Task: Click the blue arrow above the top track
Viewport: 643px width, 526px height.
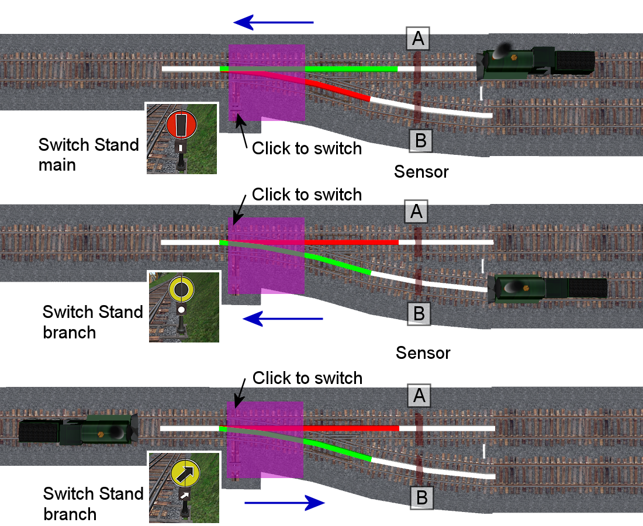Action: coord(273,23)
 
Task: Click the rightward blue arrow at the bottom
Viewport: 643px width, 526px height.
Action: coord(284,503)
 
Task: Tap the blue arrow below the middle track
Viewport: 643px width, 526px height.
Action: coord(283,319)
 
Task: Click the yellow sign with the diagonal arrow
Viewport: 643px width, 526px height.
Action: coord(185,472)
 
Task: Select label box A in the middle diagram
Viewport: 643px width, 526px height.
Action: coord(416,212)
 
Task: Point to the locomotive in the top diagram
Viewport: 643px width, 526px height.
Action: coord(535,63)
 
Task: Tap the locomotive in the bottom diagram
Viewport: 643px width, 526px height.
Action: coord(79,431)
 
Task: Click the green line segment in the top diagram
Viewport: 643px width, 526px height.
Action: coord(351,69)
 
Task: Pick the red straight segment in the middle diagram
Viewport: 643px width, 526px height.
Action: coord(351,242)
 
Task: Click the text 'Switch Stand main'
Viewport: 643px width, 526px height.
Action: coord(88,154)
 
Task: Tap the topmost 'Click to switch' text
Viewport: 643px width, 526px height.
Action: coord(307,148)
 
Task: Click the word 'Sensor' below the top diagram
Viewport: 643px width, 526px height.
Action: coord(421,172)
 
